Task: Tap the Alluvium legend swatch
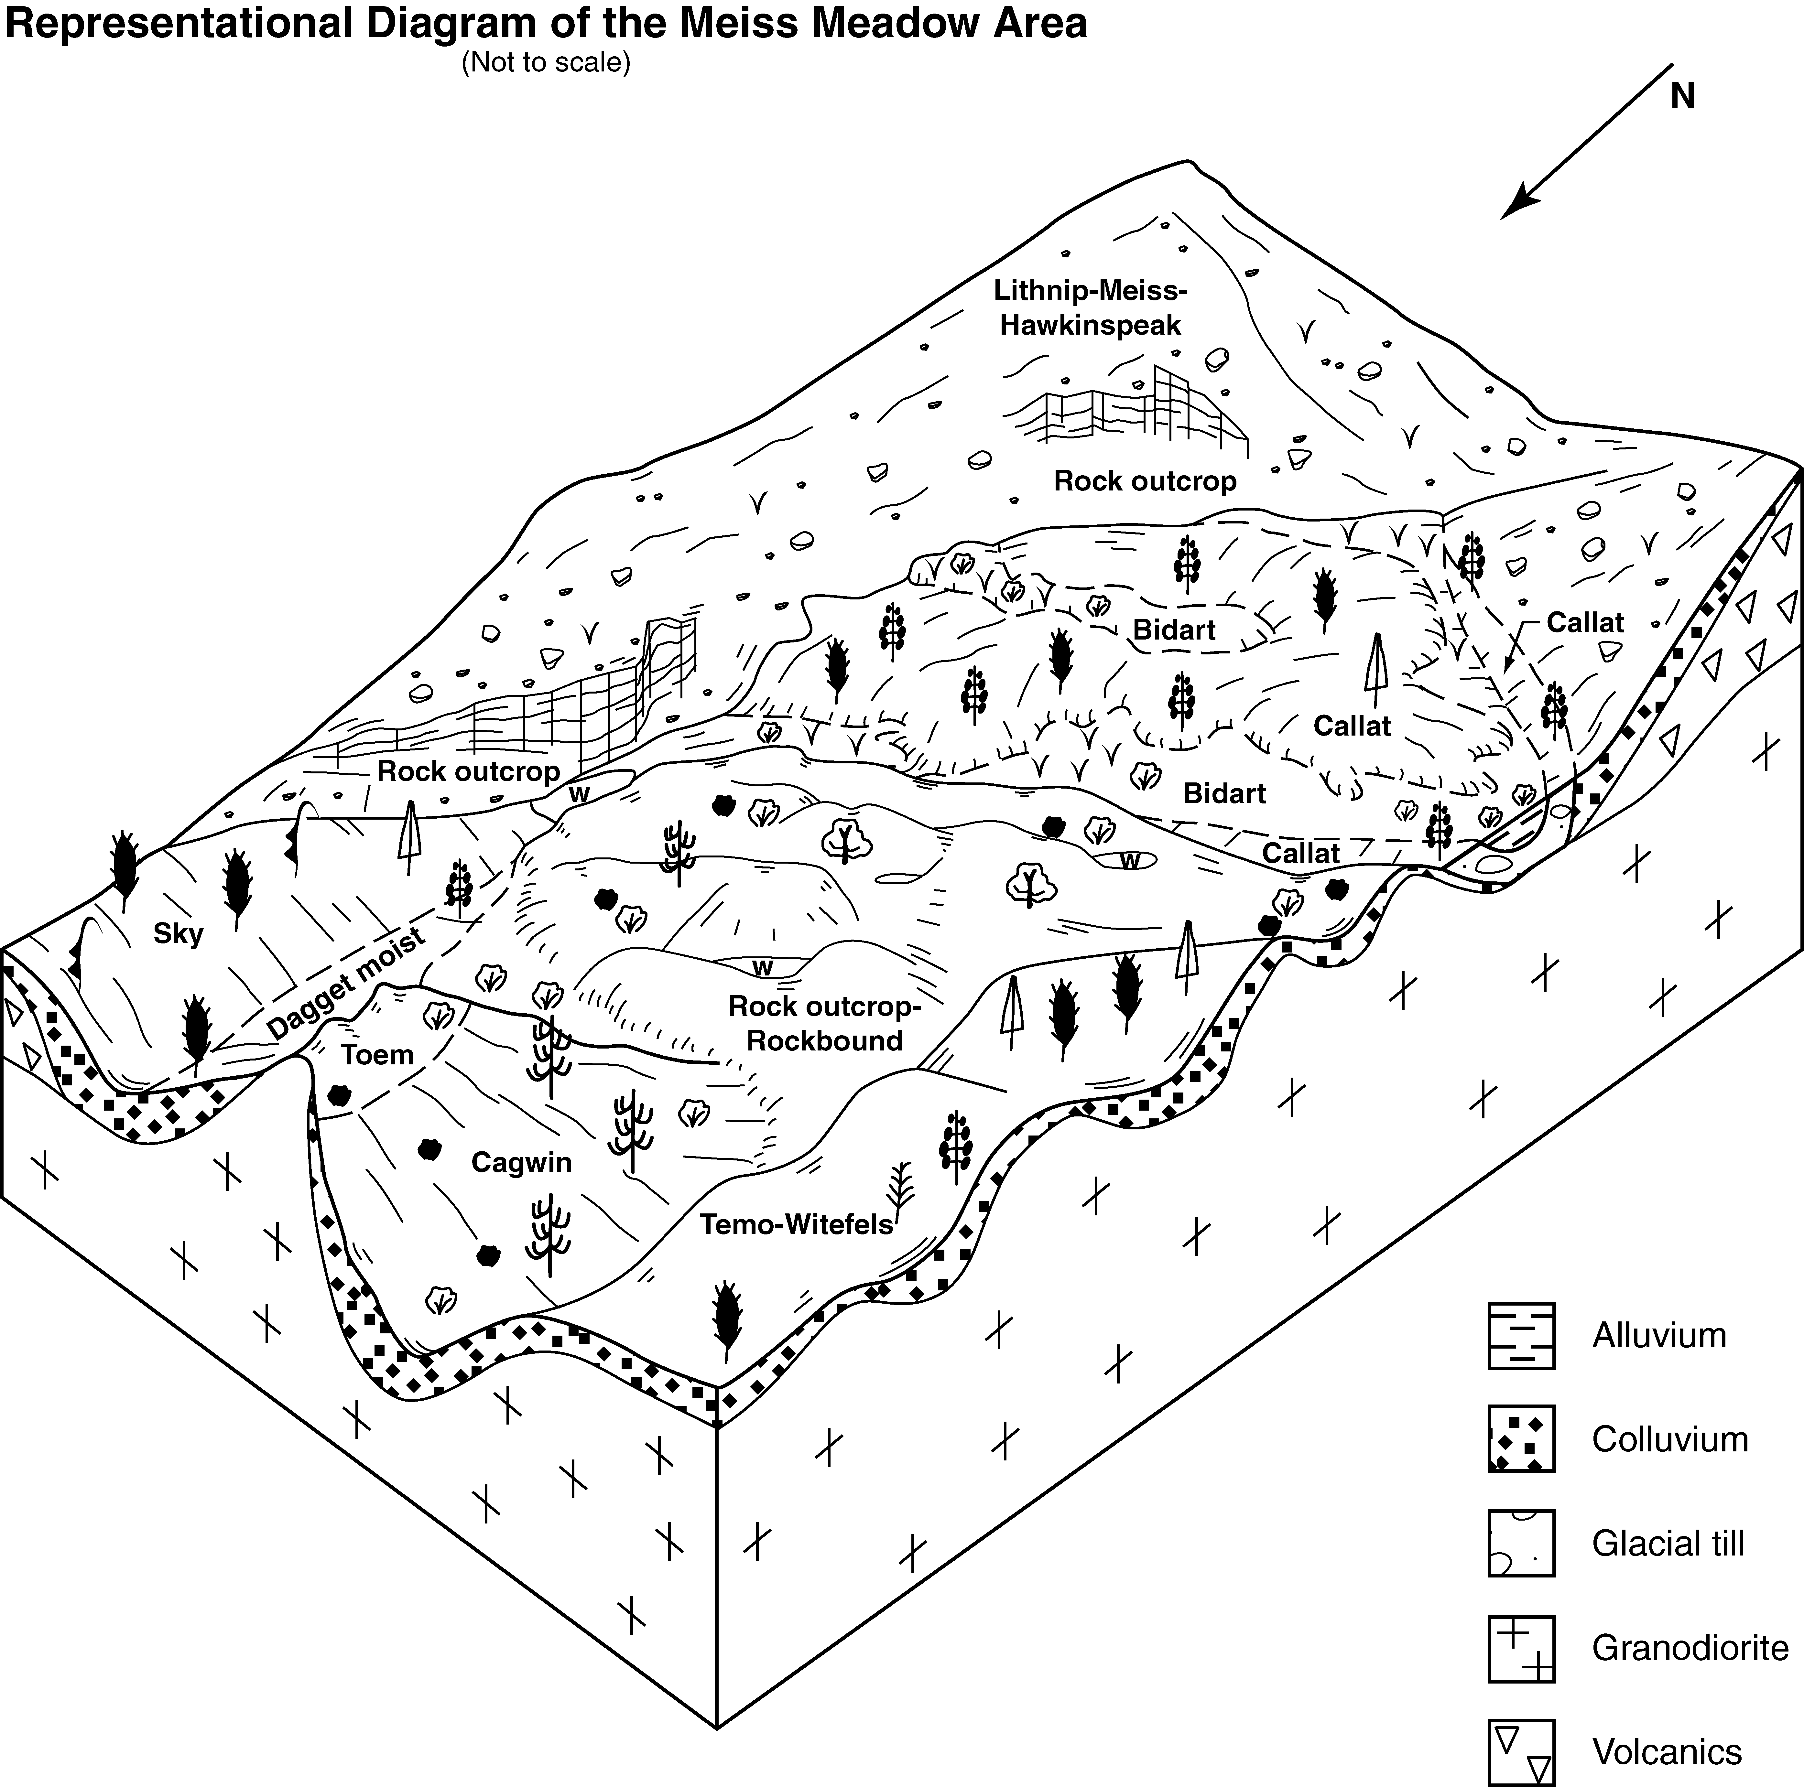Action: (x=1521, y=1336)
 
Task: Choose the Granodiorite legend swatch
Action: (x=1521, y=1648)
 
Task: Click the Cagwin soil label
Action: (x=521, y=1162)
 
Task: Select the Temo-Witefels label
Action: (x=797, y=1224)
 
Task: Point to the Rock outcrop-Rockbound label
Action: (x=824, y=1023)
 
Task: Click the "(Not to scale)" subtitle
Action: (x=546, y=62)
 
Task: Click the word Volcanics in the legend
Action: (x=1667, y=1752)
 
